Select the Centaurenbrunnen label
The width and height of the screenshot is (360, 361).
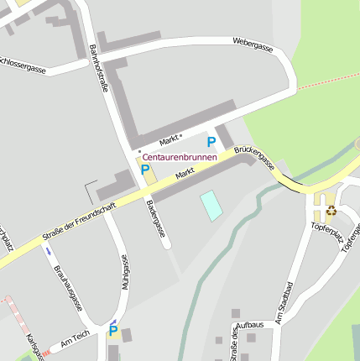[180, 157]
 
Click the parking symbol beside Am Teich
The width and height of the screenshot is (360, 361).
[113, 331]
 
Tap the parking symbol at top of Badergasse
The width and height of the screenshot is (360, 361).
[145, 170]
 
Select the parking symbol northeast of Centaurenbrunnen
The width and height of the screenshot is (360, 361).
[211, 142]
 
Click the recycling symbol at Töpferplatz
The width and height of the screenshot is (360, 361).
[331, 211]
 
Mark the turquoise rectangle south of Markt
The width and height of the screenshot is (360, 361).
[211, 206]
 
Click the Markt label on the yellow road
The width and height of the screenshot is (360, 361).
[185, 173]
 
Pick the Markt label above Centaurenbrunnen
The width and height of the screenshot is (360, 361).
[170, 139]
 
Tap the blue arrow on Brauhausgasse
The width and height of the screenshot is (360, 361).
[48, 250]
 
